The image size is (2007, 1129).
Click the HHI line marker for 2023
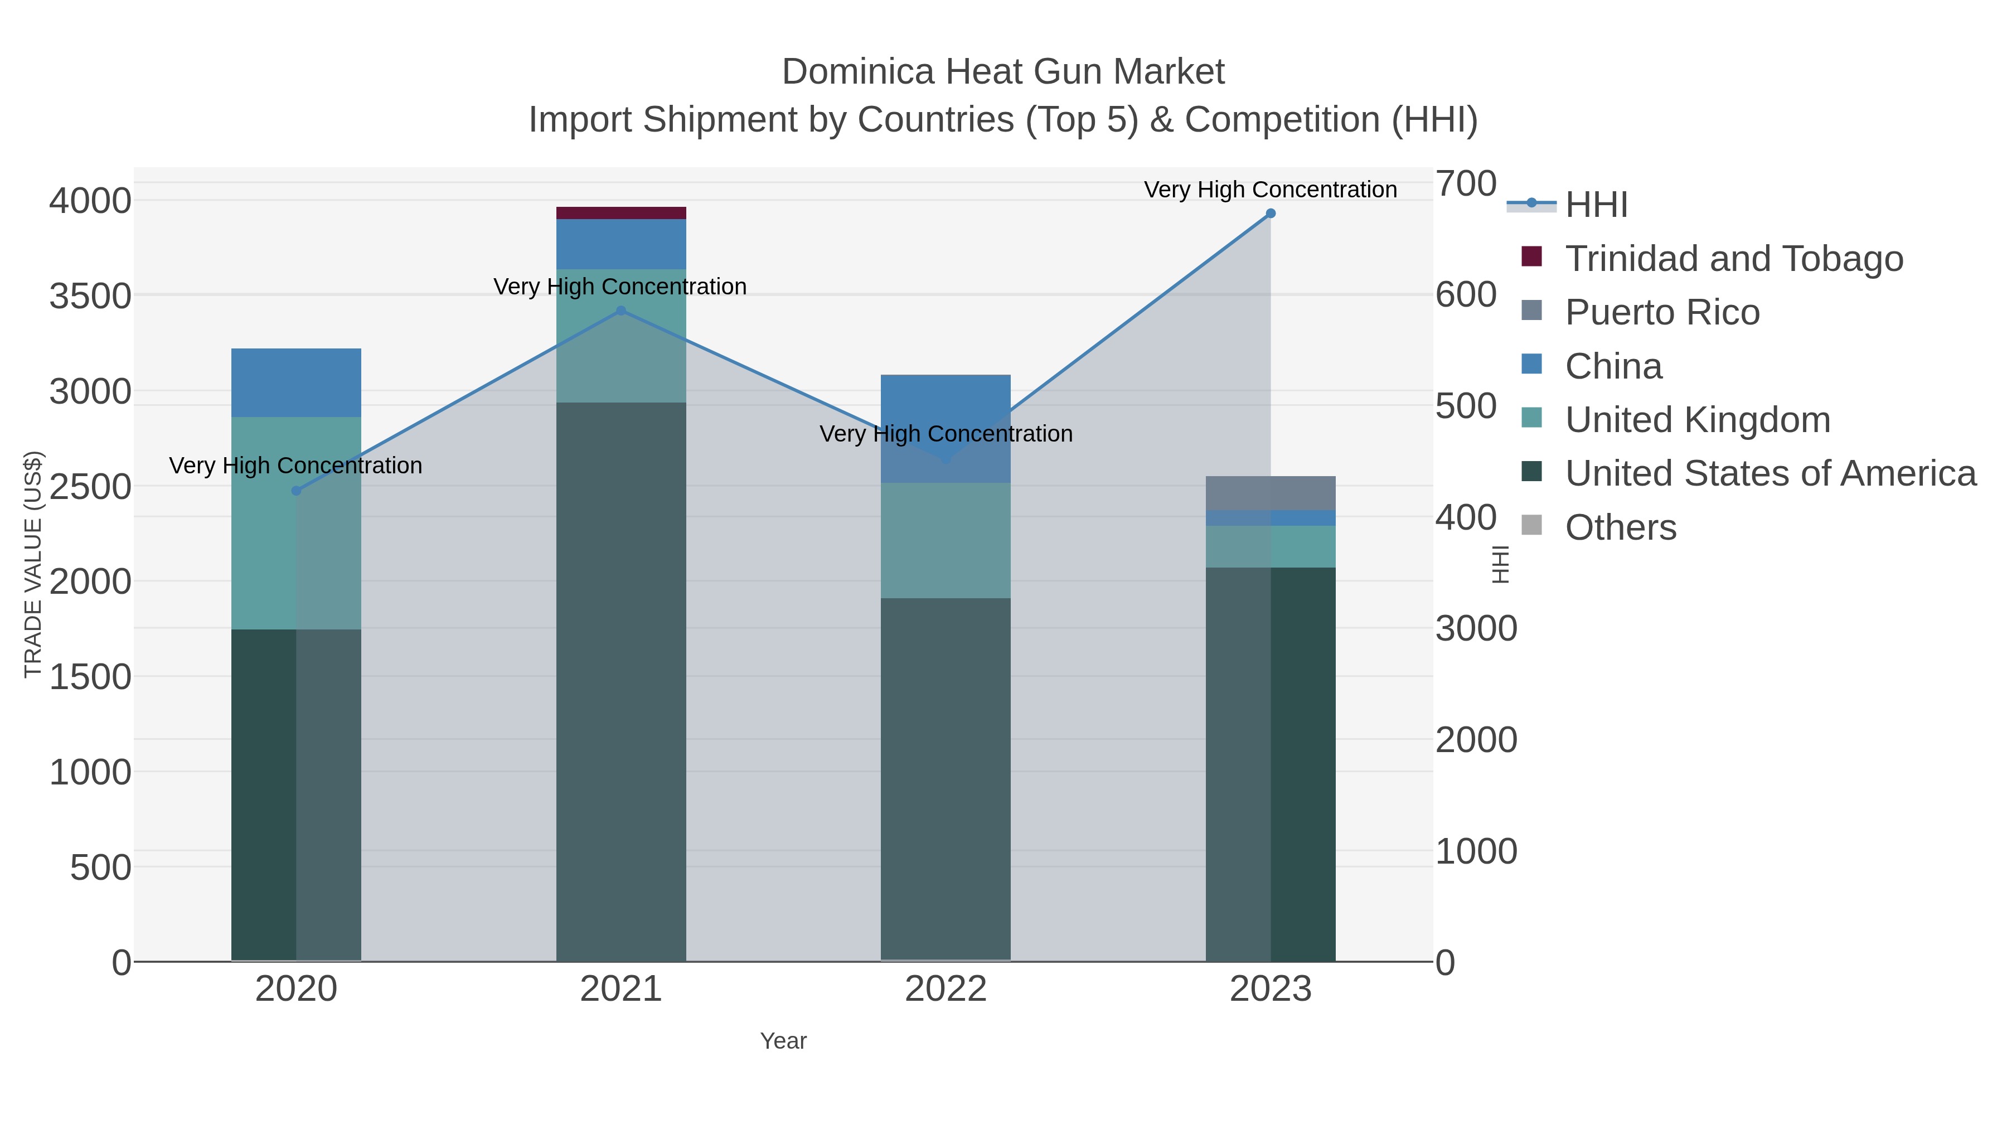click(x=1270, y=214)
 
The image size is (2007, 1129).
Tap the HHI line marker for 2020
click(x=296, y=491)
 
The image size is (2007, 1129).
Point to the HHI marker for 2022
click(x=947, y=460)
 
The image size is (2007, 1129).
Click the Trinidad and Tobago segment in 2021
click(x=621, y=213)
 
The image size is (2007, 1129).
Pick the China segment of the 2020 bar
click(x=296, y=382)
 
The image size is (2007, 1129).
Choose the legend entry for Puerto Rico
click(x=1662, y=312)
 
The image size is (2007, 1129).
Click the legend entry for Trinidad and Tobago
click(x=1733, y=259)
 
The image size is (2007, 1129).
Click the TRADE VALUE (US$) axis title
click(x=33, y=564)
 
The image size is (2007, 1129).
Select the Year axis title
click(x=783, y=1041)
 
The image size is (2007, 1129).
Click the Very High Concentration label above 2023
click(x=1270, y=190)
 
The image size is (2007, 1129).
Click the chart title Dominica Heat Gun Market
click(x=1003, y=72)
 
